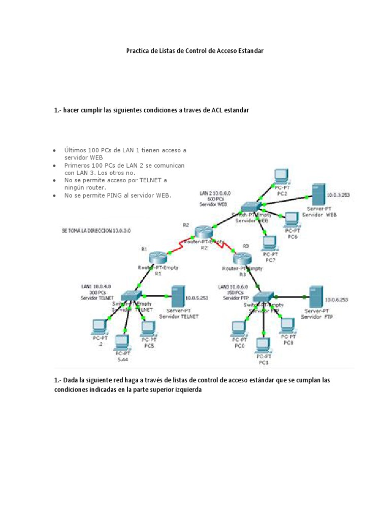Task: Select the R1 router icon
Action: pos(158,258)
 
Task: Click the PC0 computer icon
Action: pos(238,329)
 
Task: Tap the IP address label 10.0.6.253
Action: pos(337,300)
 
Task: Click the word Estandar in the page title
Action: pos(248,51)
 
